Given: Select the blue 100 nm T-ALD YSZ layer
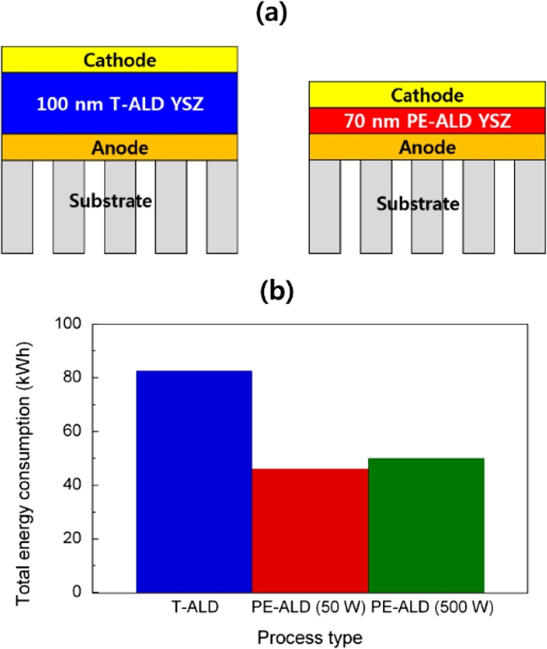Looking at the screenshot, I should click(x=120, y=103).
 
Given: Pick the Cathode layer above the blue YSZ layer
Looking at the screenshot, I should click(x=120, y=60).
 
